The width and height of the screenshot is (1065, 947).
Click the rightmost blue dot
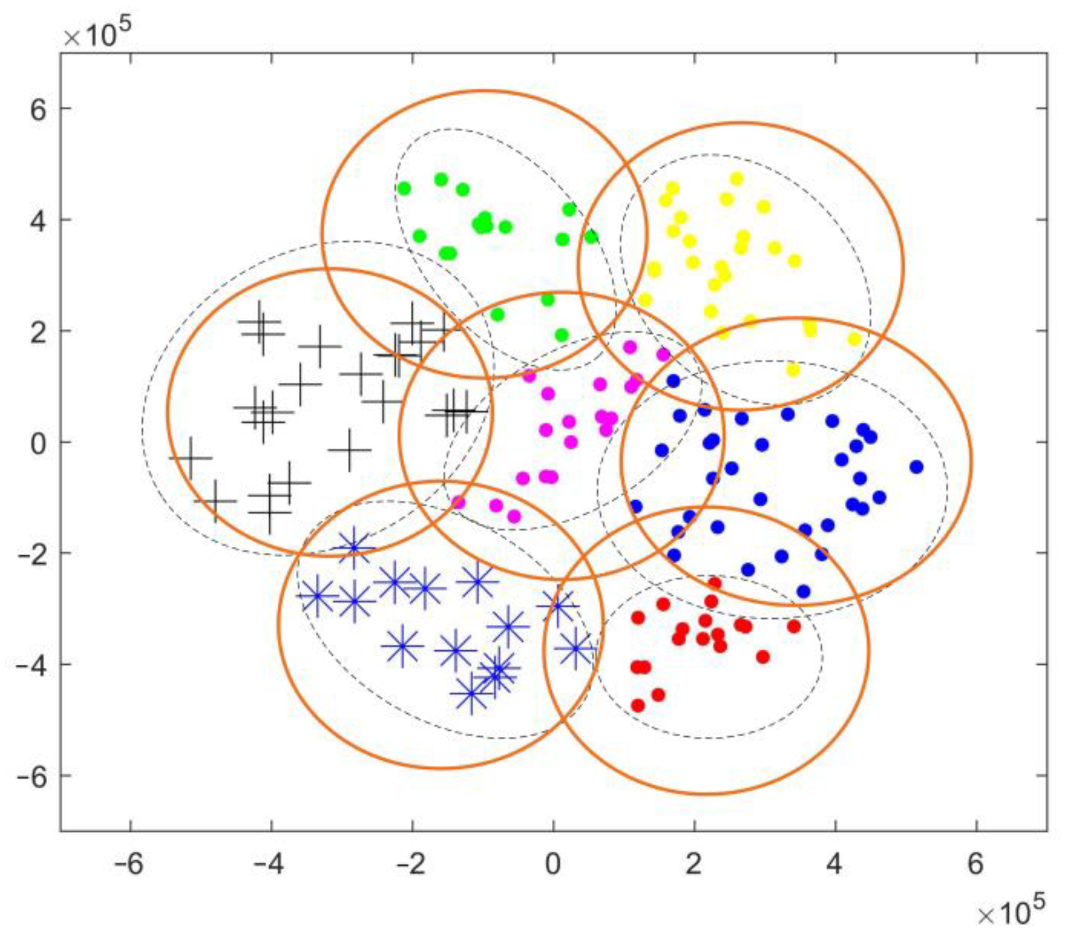point(916,466)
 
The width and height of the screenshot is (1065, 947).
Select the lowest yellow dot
point(792,370)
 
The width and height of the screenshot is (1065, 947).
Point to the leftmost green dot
point(404,188)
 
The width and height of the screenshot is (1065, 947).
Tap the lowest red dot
point(638,705)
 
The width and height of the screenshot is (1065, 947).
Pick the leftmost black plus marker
point(191,458)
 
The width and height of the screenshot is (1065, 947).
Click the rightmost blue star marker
point(575,648)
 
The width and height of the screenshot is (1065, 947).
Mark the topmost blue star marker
point(354,547)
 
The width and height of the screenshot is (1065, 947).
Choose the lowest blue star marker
point(471,694)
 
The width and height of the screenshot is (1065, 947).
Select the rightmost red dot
point(794,626)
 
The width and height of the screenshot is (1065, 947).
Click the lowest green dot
point(561,335)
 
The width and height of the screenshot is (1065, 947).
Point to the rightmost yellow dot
point(854,339)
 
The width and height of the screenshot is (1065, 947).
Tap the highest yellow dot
point(736,179)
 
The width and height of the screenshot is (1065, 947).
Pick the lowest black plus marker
point(270,512)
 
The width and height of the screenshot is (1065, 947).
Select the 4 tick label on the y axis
point(38,220)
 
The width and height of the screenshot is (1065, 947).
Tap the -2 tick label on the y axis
point(32,553)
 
